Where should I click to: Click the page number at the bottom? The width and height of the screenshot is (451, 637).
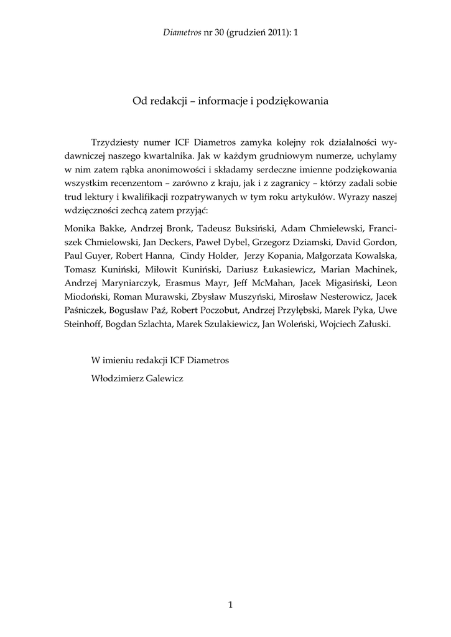pos(230,604)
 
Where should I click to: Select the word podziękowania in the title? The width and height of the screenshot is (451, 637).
pos(293,100)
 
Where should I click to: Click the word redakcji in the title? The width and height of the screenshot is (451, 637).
pos(168,100)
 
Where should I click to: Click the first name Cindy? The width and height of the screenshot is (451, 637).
pos(191,256)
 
